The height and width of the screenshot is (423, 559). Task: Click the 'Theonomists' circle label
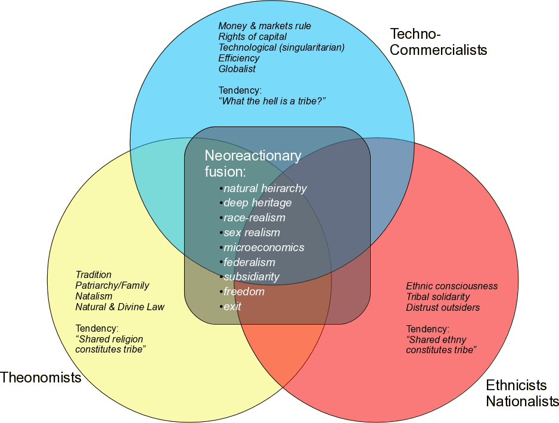click(41, 377)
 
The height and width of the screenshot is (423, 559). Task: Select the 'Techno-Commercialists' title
click(438, 41)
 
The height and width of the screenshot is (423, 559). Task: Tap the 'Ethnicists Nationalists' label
click(522, 393)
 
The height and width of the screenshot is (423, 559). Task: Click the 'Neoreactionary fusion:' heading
click(253, 163)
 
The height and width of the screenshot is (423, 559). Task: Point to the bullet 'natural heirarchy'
click(265, 189)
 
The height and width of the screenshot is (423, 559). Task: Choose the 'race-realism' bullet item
click(254, 218)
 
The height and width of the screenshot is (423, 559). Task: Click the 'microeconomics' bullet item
click(263, 247)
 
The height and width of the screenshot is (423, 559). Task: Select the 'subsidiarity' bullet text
click(251, 277)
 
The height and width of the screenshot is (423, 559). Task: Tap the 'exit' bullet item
click(232, 306)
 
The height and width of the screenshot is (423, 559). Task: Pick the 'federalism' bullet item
click(249, 262)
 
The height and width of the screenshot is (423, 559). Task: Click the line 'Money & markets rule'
click(265, 26)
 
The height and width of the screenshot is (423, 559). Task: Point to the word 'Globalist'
click(237, 69)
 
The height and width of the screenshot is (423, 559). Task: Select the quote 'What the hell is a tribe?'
click(272, 101)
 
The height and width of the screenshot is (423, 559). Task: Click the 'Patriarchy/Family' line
click(112, 285)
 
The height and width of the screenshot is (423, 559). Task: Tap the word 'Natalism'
click(94, 296)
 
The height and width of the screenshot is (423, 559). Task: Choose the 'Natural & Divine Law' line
click(120, 307)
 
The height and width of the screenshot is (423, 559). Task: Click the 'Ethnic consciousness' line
click(452, 286)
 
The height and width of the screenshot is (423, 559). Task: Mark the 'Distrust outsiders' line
click(443, 307)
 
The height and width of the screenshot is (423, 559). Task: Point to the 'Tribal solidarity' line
click(438, 297)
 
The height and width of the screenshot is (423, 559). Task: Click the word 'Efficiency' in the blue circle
click(239, 58)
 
